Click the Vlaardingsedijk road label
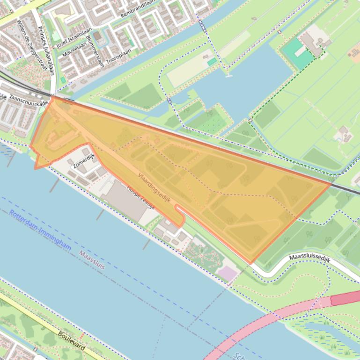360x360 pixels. pyautogui.click(x=154, y=189)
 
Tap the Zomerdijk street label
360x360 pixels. pyautogui.click(x=84, y=160)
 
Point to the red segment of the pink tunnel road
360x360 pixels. pyautogui.click(x=345, y=299)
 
